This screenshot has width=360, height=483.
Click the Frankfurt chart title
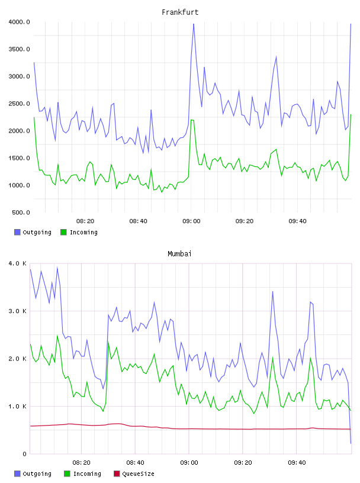point(180,12)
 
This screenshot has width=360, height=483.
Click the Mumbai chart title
point(179,254)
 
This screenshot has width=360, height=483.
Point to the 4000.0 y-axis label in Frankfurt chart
point(19,22)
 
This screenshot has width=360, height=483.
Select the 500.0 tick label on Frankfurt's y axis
point(21,212)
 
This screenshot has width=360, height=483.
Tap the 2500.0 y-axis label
point(19,104)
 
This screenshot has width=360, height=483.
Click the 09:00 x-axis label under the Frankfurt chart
point(191,221)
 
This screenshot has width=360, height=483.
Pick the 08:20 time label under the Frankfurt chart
point(85,221)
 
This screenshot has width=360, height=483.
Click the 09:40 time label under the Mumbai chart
point(297,463)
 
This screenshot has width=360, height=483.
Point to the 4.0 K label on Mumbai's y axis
point(18,263)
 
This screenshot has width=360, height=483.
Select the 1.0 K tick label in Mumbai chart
point(18,406)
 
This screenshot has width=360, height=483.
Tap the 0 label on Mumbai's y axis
point(25,454)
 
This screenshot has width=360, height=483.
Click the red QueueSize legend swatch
point(117,474)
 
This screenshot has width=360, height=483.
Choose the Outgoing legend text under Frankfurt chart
point(37,232)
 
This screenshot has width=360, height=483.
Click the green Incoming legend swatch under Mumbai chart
point(67,474)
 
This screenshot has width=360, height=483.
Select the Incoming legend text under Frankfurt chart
point(83,232)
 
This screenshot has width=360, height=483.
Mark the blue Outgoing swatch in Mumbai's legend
point(17,474)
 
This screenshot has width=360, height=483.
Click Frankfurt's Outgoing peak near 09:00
point(194,24)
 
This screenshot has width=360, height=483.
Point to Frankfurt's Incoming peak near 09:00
point(192,120)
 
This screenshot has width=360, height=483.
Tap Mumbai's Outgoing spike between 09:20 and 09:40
point(272,291)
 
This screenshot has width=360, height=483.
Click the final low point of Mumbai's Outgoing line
point(351,443)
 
